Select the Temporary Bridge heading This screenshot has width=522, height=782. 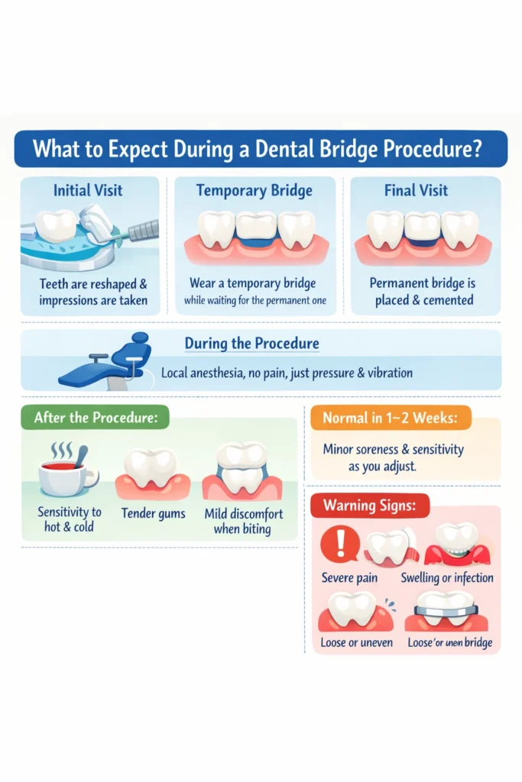pyautogui.click(x=254, y=190)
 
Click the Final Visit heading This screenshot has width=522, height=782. pyautogui.click(x=417, y=190)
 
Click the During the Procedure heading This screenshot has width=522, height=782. pyautogui.click(x=251, y=344)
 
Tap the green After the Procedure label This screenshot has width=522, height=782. pyautogui.click(x=93, y=418)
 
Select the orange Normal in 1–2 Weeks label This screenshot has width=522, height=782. pyautogui.click(x=391, y=418)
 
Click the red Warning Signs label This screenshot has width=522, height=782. pyautogui.click(x=370, y=506)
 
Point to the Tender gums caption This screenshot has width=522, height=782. pyautogui.click(x=153, y=514)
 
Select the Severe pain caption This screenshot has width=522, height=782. pyautogui.click(x=349, y=578)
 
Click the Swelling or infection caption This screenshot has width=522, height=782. pyautogui.click(x=446, y=578)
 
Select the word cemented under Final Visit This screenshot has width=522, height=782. pyautogui.click(x=447, y=300)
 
